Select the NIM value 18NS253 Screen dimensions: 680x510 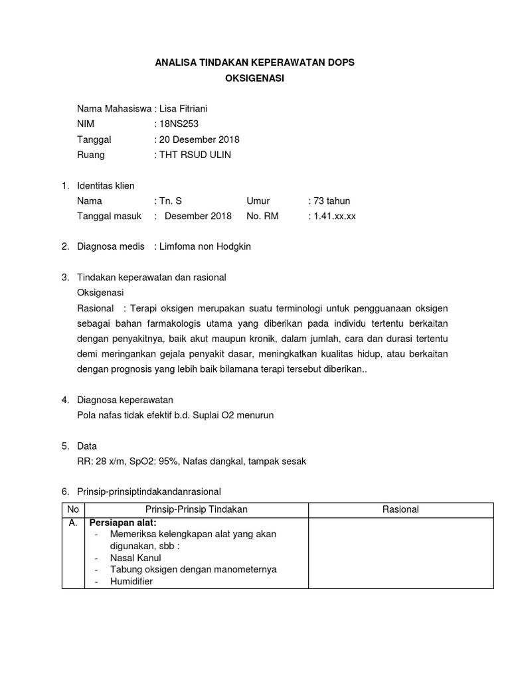point(179,124)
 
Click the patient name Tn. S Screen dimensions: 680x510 point(171,201)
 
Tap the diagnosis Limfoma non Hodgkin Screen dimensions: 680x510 point(205,246)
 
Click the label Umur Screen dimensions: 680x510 point(259,201)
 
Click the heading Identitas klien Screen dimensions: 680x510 point(106,185)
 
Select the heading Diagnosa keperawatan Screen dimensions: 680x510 point(125,400)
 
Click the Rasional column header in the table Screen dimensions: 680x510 point(400,509)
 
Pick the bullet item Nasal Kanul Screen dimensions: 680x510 point(135,558)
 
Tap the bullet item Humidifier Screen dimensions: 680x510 point(131,581)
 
